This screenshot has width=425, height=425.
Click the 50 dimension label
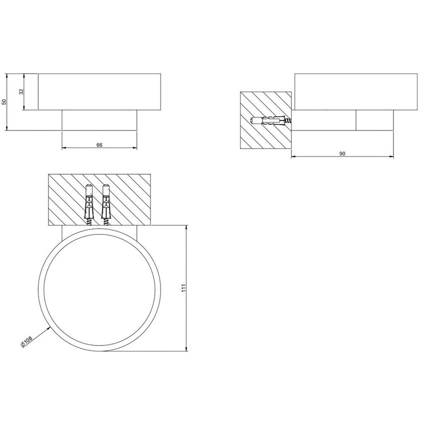point(4,102)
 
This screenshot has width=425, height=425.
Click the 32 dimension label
point(21,92)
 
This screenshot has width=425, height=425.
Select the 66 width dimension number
point(99,145)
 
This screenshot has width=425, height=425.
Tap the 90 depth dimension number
point(342,153)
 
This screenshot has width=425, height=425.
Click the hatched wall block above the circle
point(130,199)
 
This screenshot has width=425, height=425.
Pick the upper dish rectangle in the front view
point(99,92)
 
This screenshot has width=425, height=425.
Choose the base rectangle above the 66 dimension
point(99,120)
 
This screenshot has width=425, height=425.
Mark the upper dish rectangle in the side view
point(355,91)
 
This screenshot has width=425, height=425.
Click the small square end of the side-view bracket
point(374,120)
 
